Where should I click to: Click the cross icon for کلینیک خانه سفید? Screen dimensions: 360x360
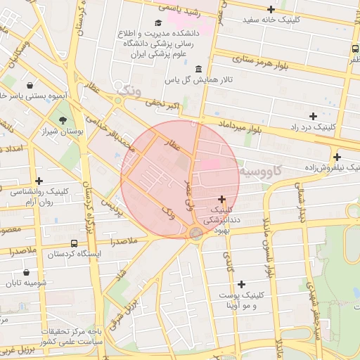(x=271, y=9)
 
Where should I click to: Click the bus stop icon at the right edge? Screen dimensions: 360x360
(x=355, y=49)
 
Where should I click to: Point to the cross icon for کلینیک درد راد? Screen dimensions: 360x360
(x=313, y=115)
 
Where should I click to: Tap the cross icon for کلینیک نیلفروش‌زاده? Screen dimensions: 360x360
(x=337, y=157)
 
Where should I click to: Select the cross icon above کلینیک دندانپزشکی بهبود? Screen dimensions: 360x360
(x=222, y=200)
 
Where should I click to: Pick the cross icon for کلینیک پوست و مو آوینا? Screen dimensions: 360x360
(x=242, y=284)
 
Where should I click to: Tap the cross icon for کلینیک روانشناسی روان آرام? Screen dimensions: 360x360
(x=39, y=181)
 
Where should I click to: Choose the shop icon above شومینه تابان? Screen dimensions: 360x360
(x=26, y=273)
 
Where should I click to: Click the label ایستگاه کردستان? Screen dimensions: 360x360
(x=77, y=253)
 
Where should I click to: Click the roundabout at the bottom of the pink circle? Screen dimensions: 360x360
(x=196, y=233)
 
